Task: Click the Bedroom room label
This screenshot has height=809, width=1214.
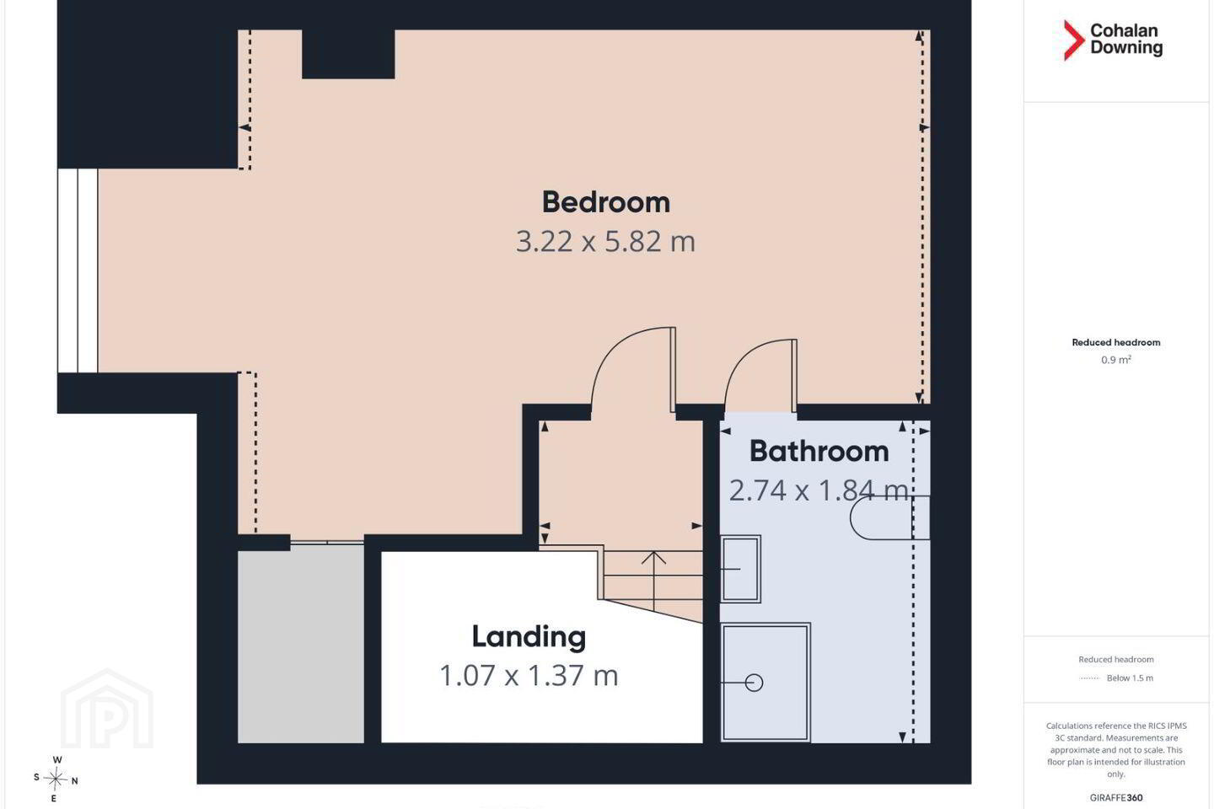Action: pos(606,202)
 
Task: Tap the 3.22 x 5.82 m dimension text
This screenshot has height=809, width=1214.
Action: pos(605,242)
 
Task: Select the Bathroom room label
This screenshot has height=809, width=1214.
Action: pos(819,452)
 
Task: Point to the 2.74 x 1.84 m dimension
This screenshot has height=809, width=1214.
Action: pos(819,490)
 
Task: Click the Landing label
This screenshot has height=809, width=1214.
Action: pos(529,637)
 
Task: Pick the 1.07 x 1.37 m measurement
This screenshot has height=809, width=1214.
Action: pos(529,676)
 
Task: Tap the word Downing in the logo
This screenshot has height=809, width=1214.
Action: pos(1126,48)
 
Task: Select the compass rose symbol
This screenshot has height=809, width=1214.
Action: pos(56,780)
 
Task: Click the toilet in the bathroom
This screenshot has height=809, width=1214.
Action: pos(889,517)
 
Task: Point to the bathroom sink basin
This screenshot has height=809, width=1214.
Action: pos(740,569)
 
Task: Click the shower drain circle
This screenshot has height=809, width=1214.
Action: pos(754,683)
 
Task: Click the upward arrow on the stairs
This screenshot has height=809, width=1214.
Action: pos(654,581)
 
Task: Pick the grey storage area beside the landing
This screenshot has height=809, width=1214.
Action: pos(301,644)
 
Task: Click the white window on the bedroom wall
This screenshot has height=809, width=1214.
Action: pos(78,271)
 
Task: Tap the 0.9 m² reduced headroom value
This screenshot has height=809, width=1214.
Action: pos(1116,360)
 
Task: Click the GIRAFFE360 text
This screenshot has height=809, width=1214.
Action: pos(1116,797)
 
